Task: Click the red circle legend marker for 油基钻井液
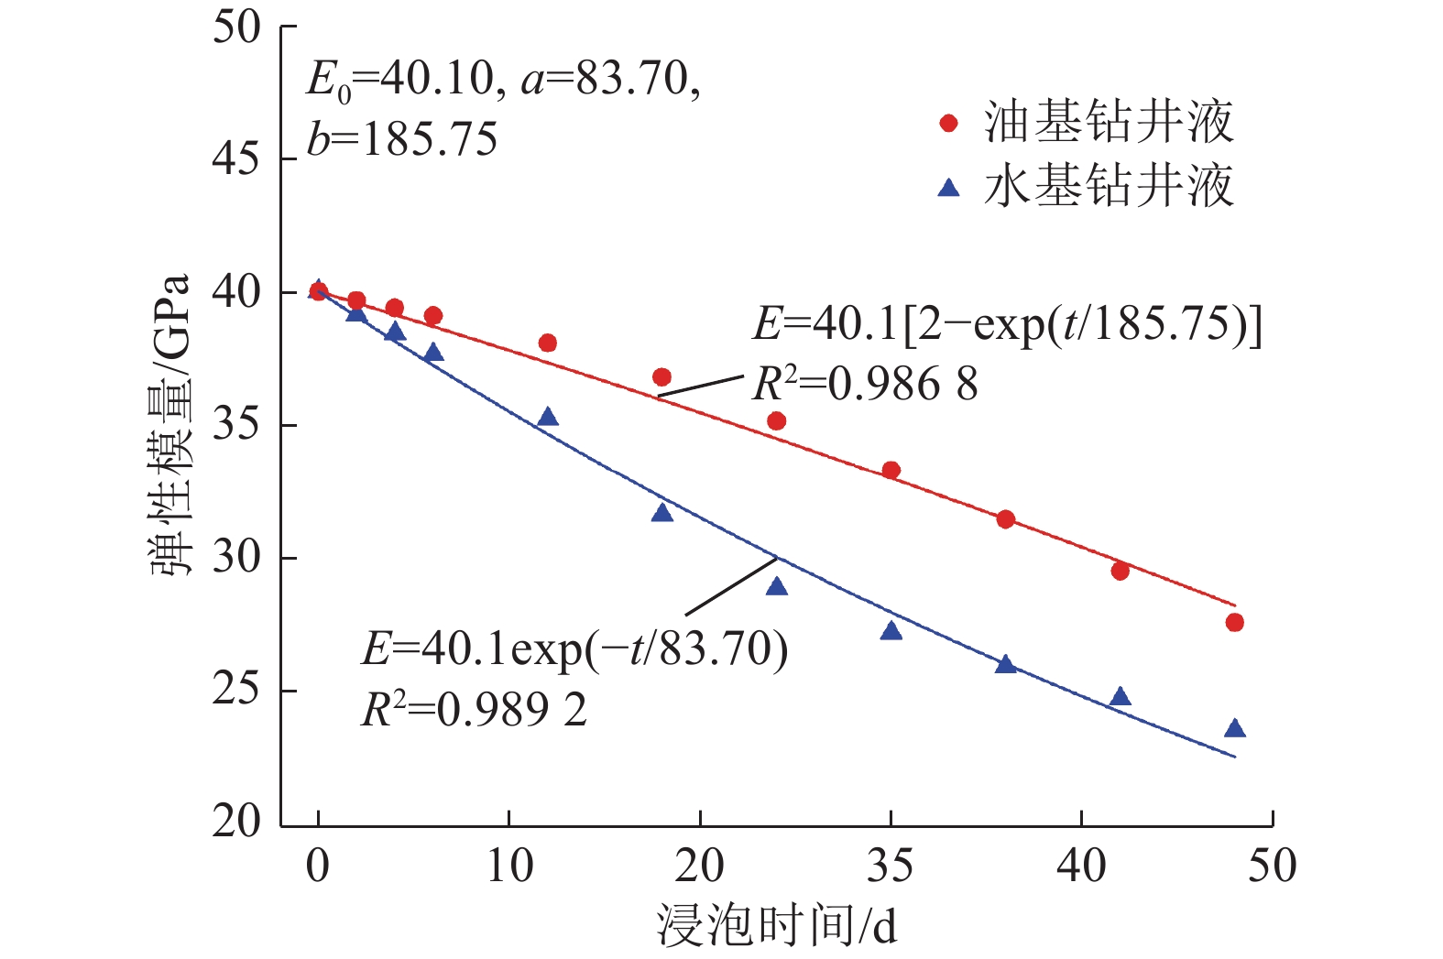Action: [949, 124]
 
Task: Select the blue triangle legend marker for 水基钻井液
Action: [949, 188]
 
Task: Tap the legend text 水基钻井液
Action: [1110, 187]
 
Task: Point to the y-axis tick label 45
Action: [236, 159]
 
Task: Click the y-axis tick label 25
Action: [236, 690]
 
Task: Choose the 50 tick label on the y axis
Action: [236, 27]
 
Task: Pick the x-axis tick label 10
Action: [509, 866]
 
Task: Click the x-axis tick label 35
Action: [890, 866]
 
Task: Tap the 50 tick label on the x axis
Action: [1272, 866]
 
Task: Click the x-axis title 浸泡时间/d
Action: [776, 925]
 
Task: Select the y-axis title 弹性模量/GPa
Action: [170, 424]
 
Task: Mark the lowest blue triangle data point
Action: [1234, 728]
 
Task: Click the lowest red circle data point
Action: [1234, 623]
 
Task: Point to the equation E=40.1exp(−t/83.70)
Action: [574, 649]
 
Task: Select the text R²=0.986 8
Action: [865, 384]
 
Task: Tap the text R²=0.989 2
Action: [474, 709]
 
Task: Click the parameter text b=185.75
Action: [402, 140]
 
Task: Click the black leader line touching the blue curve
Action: [731, 586]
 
